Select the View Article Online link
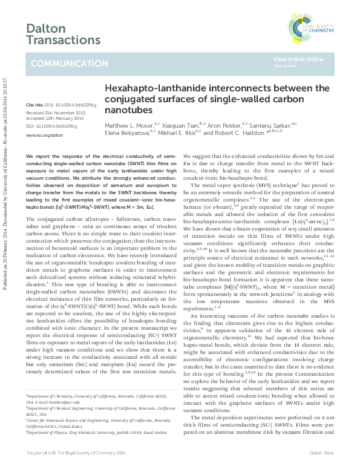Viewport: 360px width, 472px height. pyautogui.click(x=298, y=59)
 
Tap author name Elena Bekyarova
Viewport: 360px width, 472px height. pyautogui.click(x=128, y=131)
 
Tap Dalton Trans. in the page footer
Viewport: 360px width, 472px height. pyautogui.click(x=326, y=453)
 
